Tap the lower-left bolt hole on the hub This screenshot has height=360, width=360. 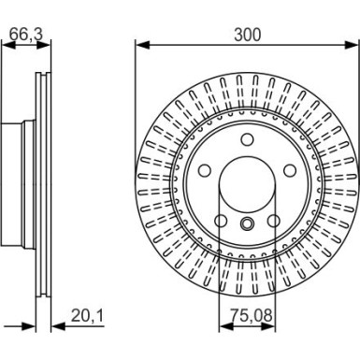(221, 221)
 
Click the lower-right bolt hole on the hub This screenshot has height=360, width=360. (274, 221)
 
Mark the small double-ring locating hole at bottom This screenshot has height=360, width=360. (247, 224)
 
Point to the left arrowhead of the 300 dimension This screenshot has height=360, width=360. (140, 43)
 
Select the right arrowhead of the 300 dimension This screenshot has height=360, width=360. (354, 43)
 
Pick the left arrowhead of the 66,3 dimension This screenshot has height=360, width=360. (7, 45)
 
